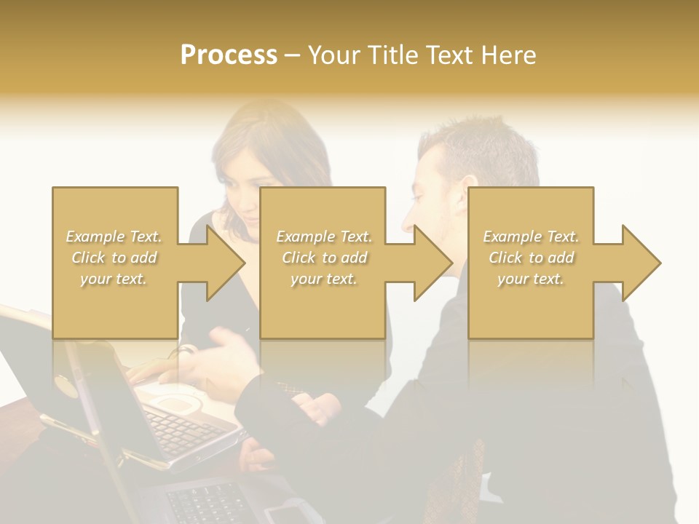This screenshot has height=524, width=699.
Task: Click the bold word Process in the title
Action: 229,55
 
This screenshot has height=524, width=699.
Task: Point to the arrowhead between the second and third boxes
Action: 433,263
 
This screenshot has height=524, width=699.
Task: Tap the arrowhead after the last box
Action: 641,263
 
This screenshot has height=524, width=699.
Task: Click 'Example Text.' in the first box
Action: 114,237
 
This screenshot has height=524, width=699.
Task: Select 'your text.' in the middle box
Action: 323,279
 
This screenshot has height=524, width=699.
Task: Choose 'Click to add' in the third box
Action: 531,258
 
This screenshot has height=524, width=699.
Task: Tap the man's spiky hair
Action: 473,142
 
